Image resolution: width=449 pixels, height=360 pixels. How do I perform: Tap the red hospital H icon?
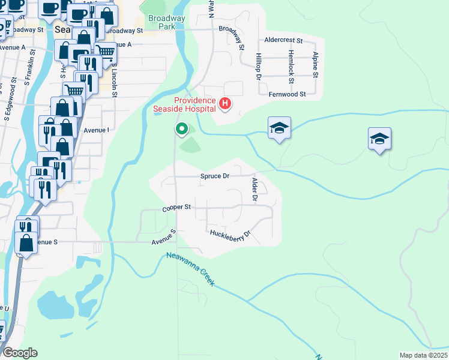tap(225, 104)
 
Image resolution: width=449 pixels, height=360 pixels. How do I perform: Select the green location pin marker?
tap(181, 128)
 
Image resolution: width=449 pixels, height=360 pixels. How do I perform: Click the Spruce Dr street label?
tap(214, 176)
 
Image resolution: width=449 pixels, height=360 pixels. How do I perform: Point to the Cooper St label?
tap(176, 208)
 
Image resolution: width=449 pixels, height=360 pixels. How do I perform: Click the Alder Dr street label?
tap(255, 189)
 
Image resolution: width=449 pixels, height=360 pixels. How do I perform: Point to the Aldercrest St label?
tap(284, 40)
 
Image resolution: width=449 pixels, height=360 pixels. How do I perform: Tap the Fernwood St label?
tap(287, 94)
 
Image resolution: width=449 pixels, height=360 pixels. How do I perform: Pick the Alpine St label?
tap(315, 64)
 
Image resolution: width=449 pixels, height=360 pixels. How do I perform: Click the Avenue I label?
tap(96, 130)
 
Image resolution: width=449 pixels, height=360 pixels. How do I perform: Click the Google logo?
tap(20, 353)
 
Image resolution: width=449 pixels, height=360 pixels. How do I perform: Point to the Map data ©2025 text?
tap(423, 355)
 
